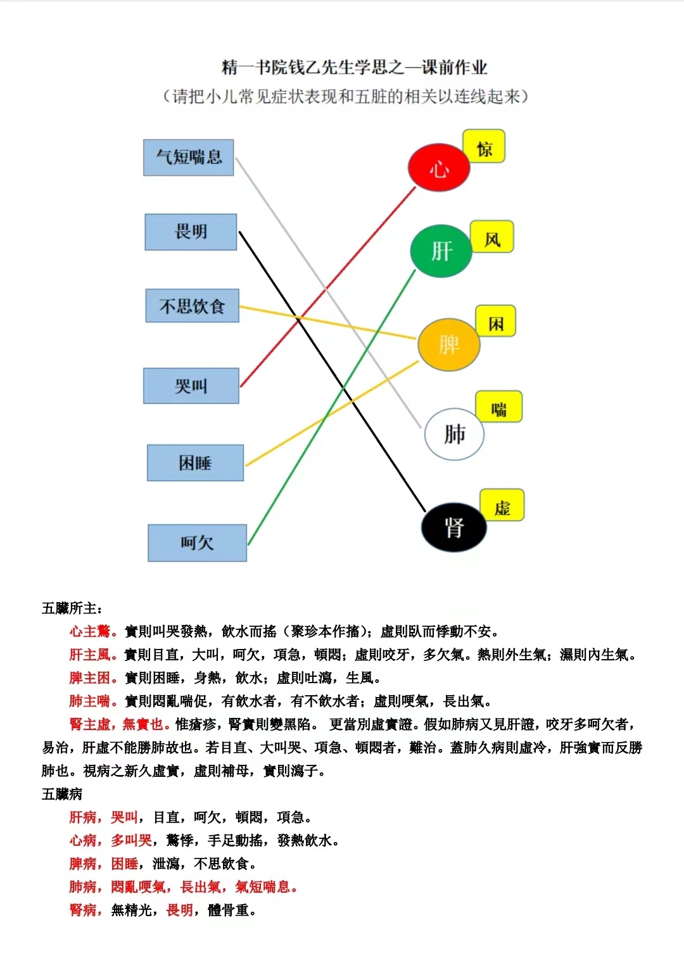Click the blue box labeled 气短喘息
click(188, 158)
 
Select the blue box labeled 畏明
click(191, 232)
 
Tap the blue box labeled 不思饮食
click(192, 306)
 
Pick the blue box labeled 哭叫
click(191, 386)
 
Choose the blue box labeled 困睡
click(196, 463)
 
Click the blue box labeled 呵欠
click(198, 543)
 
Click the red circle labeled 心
click(439, 168)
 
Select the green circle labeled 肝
click(441, 251)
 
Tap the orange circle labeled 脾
click(449, 344)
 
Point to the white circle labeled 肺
click(455, 434)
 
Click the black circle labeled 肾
click(454, 527)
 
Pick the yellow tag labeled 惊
click(484, 146)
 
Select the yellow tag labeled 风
click(492, 236)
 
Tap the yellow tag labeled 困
click(496, 321)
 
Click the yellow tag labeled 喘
click(499, 406)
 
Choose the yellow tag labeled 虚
click(502, 505)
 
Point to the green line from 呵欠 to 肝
click(331, 408)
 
